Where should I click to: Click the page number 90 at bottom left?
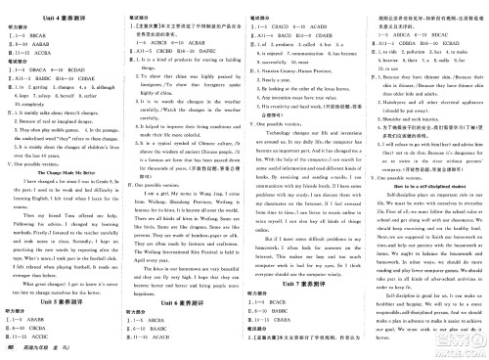tap(8, 350)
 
